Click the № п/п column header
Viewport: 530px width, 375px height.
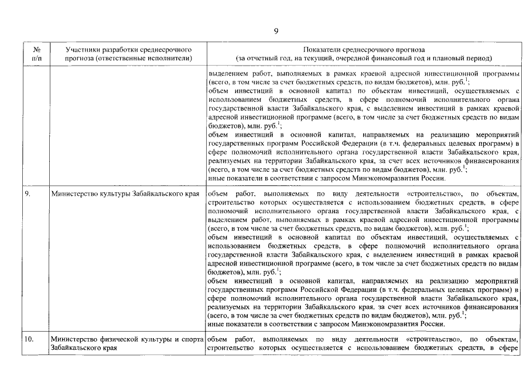(36, 54)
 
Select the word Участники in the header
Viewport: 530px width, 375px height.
(84, 50)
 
